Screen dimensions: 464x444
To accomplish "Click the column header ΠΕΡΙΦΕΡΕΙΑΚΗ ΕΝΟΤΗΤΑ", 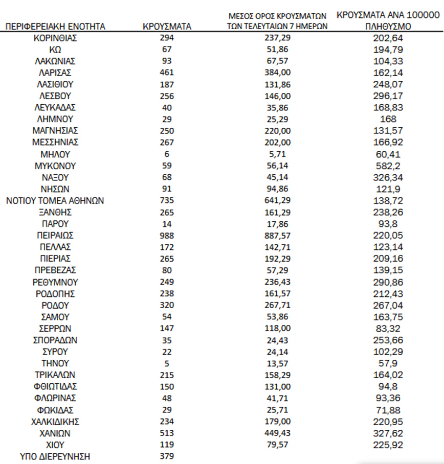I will [x=55, y=27].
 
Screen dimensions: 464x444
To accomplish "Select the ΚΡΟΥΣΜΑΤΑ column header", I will [x=167, y=27].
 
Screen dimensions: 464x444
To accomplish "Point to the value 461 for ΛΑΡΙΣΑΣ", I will [x=167, y=73].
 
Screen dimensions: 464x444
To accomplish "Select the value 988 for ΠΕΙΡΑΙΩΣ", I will [x=167, y=236].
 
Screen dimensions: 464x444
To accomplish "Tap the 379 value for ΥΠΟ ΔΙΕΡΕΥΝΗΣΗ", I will [x=167, y=456].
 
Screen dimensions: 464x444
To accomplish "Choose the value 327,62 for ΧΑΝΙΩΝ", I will [x=389, y=433].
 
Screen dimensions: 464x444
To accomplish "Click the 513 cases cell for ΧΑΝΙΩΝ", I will [x=167, y=433].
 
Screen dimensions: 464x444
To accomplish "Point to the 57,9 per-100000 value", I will [x=389, y=363].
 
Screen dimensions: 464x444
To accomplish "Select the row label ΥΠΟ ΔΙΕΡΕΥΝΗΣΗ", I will [x=55, y=456].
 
